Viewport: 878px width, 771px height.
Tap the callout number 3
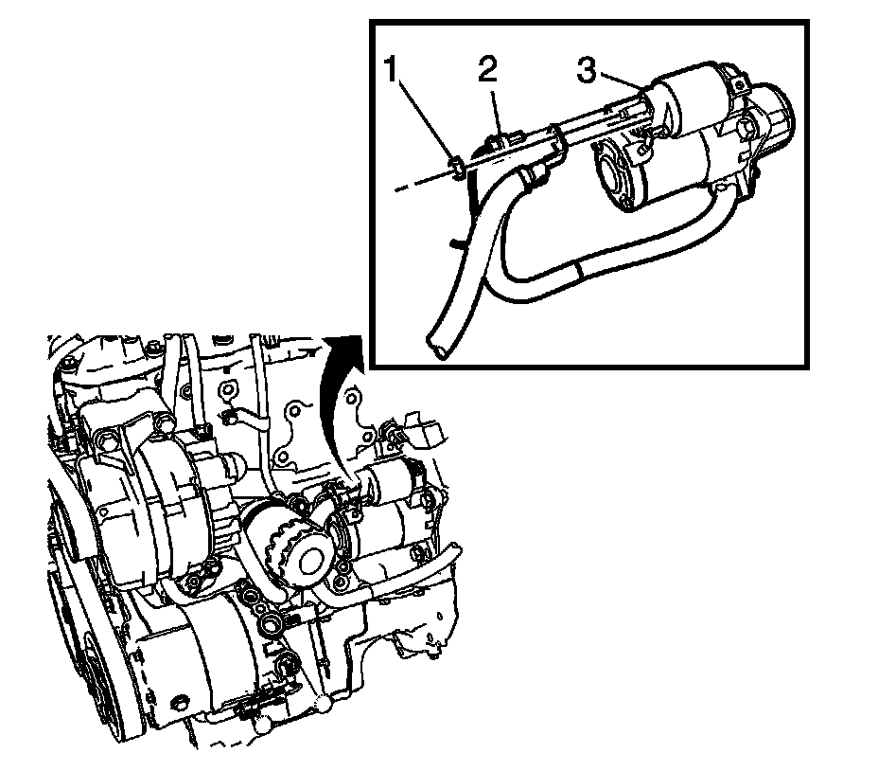[588, 70]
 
